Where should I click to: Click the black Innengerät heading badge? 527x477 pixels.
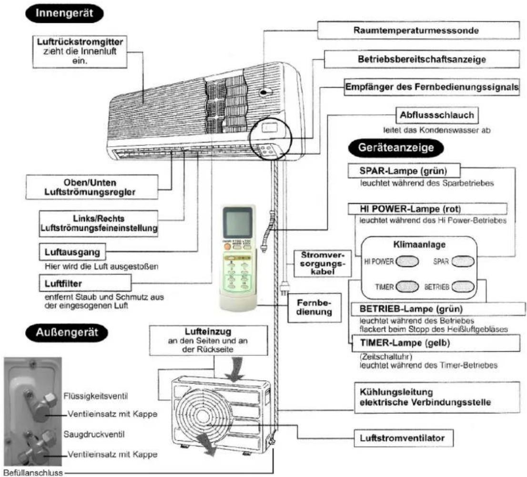point(64,13)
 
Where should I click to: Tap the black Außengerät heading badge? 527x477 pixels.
point(67,333)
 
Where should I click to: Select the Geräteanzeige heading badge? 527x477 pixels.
point(395,148)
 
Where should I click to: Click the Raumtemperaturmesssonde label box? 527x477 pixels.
point(418,30)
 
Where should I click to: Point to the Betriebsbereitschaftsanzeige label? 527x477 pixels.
point(422,59)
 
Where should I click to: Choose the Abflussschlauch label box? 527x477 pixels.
point(437,115)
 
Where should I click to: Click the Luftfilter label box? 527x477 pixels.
point(85,283)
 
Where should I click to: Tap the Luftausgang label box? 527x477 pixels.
point(72,252)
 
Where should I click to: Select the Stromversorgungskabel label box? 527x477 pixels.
point(323,263)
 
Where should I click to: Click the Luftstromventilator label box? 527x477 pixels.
point(404,438)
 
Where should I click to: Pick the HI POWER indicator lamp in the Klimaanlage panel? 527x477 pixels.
point(407,261)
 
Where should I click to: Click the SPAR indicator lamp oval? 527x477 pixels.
point(463,261)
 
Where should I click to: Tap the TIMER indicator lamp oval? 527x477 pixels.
point(407,287)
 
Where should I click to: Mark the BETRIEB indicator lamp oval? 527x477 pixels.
point(463,287)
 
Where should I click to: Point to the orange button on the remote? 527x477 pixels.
point(227,247)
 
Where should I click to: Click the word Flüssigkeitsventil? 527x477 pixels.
point(96,396)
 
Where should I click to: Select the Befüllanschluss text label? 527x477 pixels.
point(33,473)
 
